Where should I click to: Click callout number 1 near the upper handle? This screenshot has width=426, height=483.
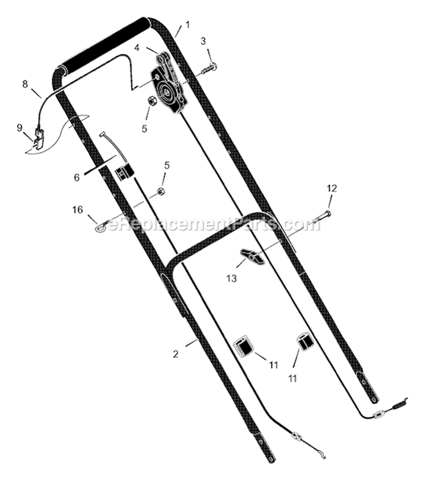point(187,24)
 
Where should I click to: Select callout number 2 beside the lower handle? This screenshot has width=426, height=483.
point(176,353)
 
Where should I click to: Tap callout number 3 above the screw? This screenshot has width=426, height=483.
point(203,41)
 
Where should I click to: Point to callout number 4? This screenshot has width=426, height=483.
point(137,48)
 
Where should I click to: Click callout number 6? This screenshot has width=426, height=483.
point(77,177)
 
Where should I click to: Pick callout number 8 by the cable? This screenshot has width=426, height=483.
point(24,84)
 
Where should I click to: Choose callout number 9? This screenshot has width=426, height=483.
point(19,127)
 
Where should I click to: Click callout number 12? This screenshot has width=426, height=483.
point(332,188)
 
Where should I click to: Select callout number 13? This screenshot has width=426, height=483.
point(231,278)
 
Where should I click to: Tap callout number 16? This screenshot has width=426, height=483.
point(77,210)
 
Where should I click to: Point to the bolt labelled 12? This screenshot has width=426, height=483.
point(321,218)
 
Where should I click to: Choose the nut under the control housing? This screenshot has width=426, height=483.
point(152,101)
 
